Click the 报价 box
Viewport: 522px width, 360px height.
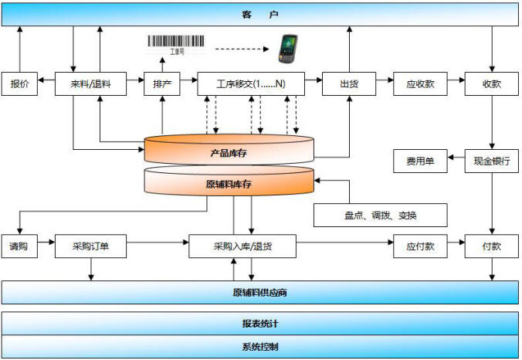(19, 84)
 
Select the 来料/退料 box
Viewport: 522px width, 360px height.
(90, 84)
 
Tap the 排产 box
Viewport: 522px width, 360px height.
(162, 84)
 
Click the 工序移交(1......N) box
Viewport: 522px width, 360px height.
(251, 84)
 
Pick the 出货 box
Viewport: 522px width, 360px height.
(349, 84)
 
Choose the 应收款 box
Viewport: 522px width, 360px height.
(420, 84)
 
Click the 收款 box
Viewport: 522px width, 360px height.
(492, 84)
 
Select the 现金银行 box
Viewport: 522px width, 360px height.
(492, 161)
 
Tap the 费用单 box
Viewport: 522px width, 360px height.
(420, 161)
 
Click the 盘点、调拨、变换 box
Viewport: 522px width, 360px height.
(381, 216)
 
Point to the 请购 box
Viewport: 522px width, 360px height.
(19, 246)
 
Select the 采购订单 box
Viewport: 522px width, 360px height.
(90, 246)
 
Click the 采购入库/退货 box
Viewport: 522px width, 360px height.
(242, 246)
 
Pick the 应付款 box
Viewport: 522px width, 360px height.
(420, 246)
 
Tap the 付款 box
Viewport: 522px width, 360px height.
(492, 246)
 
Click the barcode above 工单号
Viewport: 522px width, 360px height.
(176, 41)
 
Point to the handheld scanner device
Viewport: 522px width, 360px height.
(287, 49)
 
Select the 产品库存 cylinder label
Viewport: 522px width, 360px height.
(229, 153)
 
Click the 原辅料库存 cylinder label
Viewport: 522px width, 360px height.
(229, 184)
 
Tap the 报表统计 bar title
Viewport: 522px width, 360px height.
(260, 324)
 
